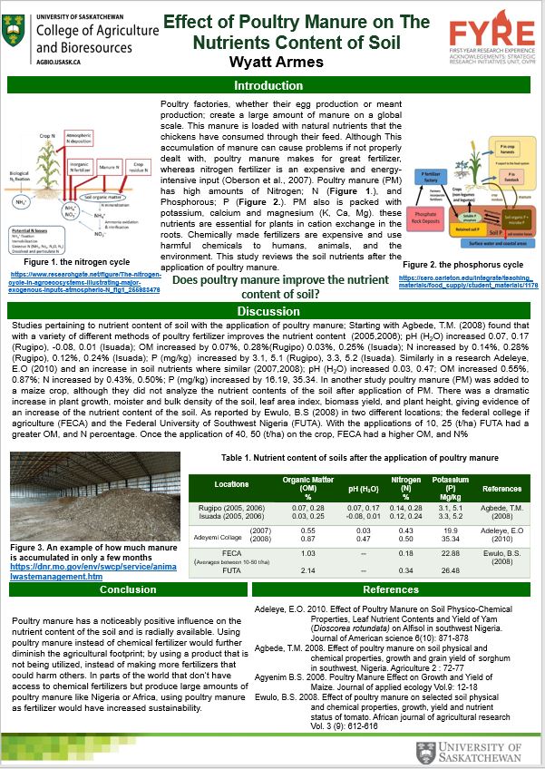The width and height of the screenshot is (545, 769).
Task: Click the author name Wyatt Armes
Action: (x=275, y=62)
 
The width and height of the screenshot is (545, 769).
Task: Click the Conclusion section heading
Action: (x=128, y=589)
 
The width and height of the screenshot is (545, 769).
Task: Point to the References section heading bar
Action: (x=391, y=589)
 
